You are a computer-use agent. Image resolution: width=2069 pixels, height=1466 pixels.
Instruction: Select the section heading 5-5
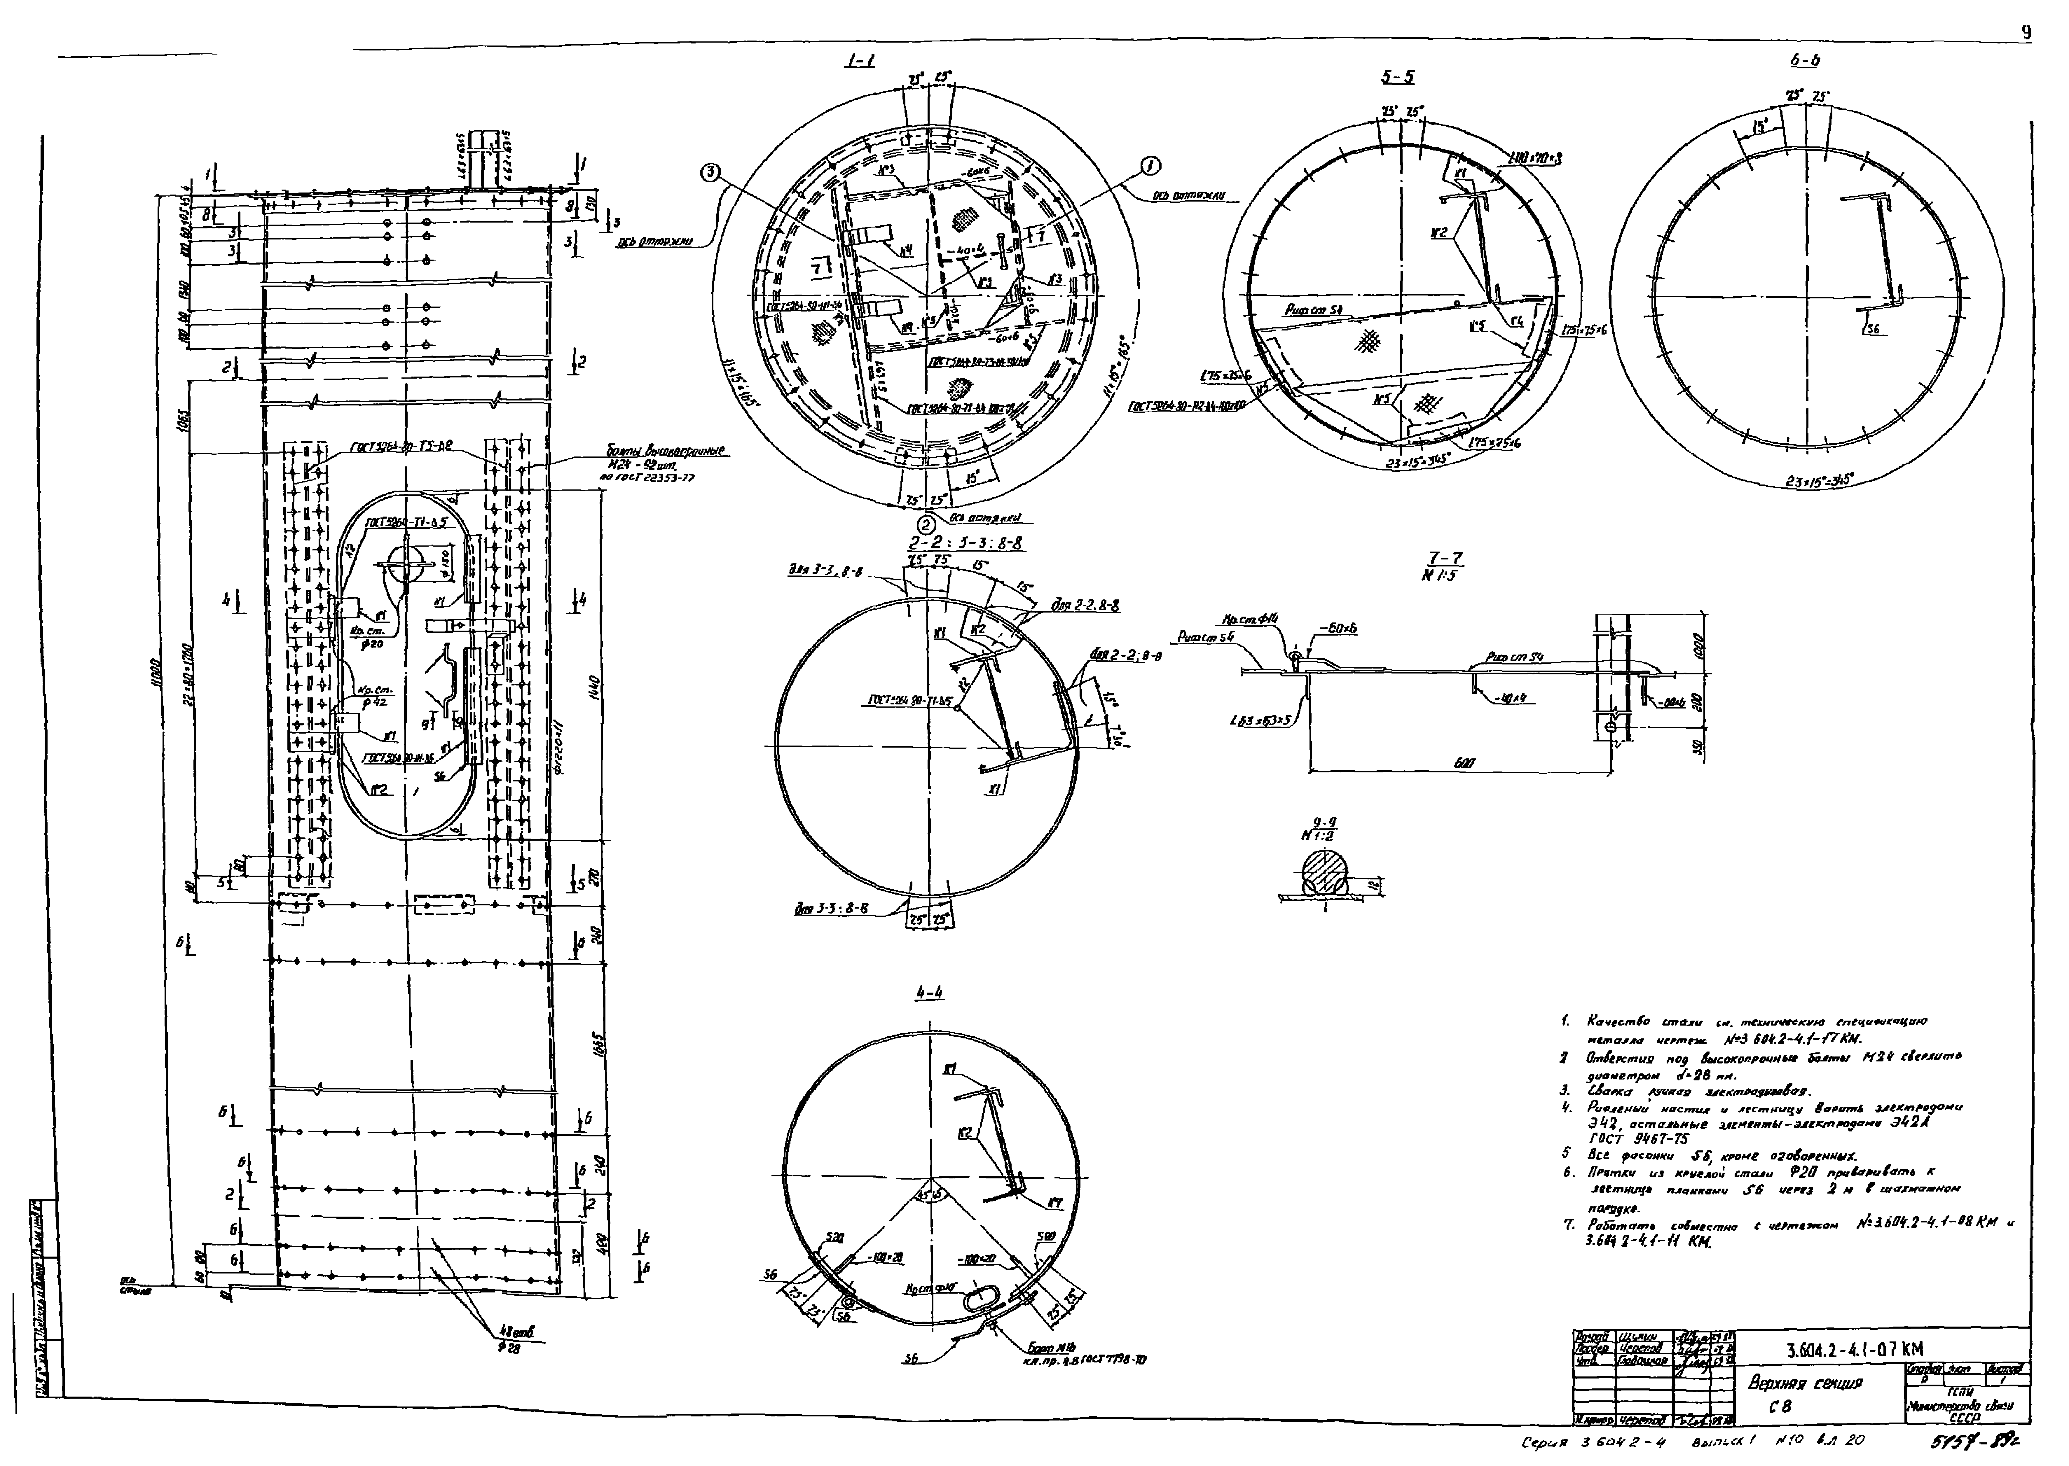(1397, 78)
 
